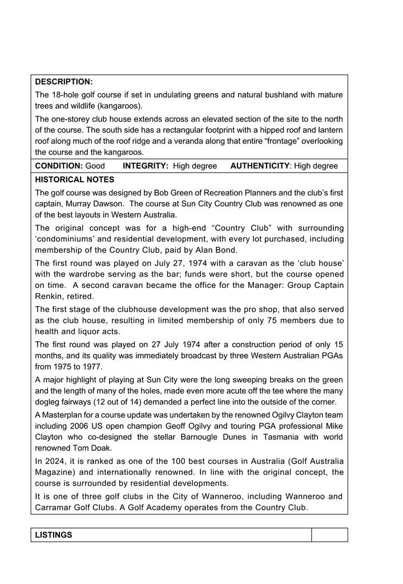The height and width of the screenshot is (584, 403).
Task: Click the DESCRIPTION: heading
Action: coord(64,82)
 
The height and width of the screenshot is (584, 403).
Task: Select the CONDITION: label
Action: coord(59,166)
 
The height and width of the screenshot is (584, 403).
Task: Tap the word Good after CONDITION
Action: coord(95,166)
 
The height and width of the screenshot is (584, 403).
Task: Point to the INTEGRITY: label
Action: coord(146,166)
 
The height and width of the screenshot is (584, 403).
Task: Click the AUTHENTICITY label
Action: coord(260,166)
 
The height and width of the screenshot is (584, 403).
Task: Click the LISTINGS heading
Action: coord(54,535)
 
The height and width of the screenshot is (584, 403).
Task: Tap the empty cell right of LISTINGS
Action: coord(329,535)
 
